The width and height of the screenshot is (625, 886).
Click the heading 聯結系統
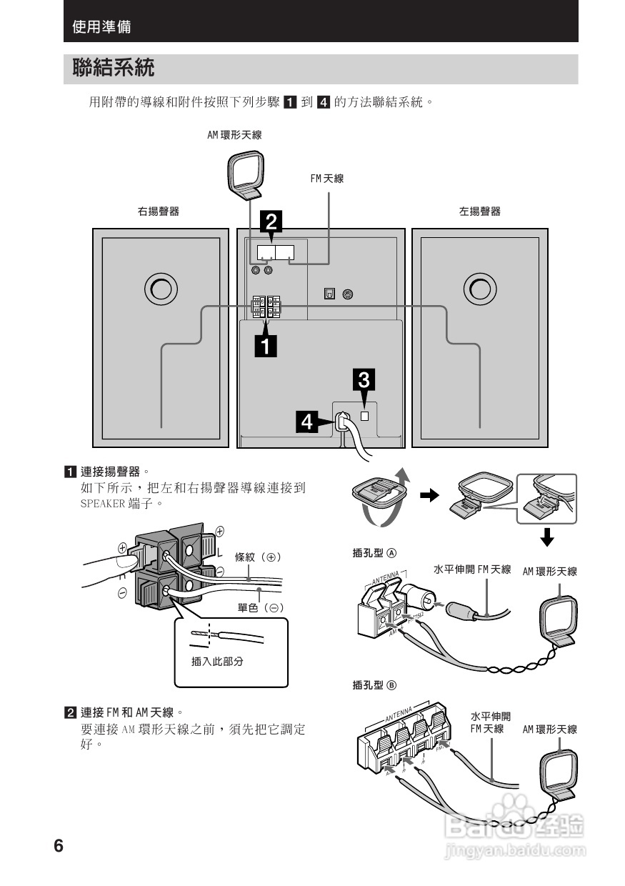[113, 69]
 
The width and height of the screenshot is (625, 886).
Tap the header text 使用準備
[101, 28]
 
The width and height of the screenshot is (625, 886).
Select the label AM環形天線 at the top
[234, 134]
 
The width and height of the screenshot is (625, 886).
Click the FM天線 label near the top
[326, 179]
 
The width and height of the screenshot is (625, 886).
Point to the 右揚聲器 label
[158, 211]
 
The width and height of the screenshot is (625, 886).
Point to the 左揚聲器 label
[479, 211]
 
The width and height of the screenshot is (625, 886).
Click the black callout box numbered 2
[271, 221]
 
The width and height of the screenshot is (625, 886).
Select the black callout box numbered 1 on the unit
[266, 347]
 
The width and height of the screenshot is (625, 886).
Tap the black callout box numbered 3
[364, 380]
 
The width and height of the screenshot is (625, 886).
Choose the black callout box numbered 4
[306, 422]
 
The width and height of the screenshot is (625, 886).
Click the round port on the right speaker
[160, 289]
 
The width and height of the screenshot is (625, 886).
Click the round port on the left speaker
[479, 289]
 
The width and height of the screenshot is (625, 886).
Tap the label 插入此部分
[217, 662]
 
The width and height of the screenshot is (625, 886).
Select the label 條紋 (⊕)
[259, 557]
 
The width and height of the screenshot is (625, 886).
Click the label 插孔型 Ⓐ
[374, 552]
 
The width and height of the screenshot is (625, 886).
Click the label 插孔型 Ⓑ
[374, 685]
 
